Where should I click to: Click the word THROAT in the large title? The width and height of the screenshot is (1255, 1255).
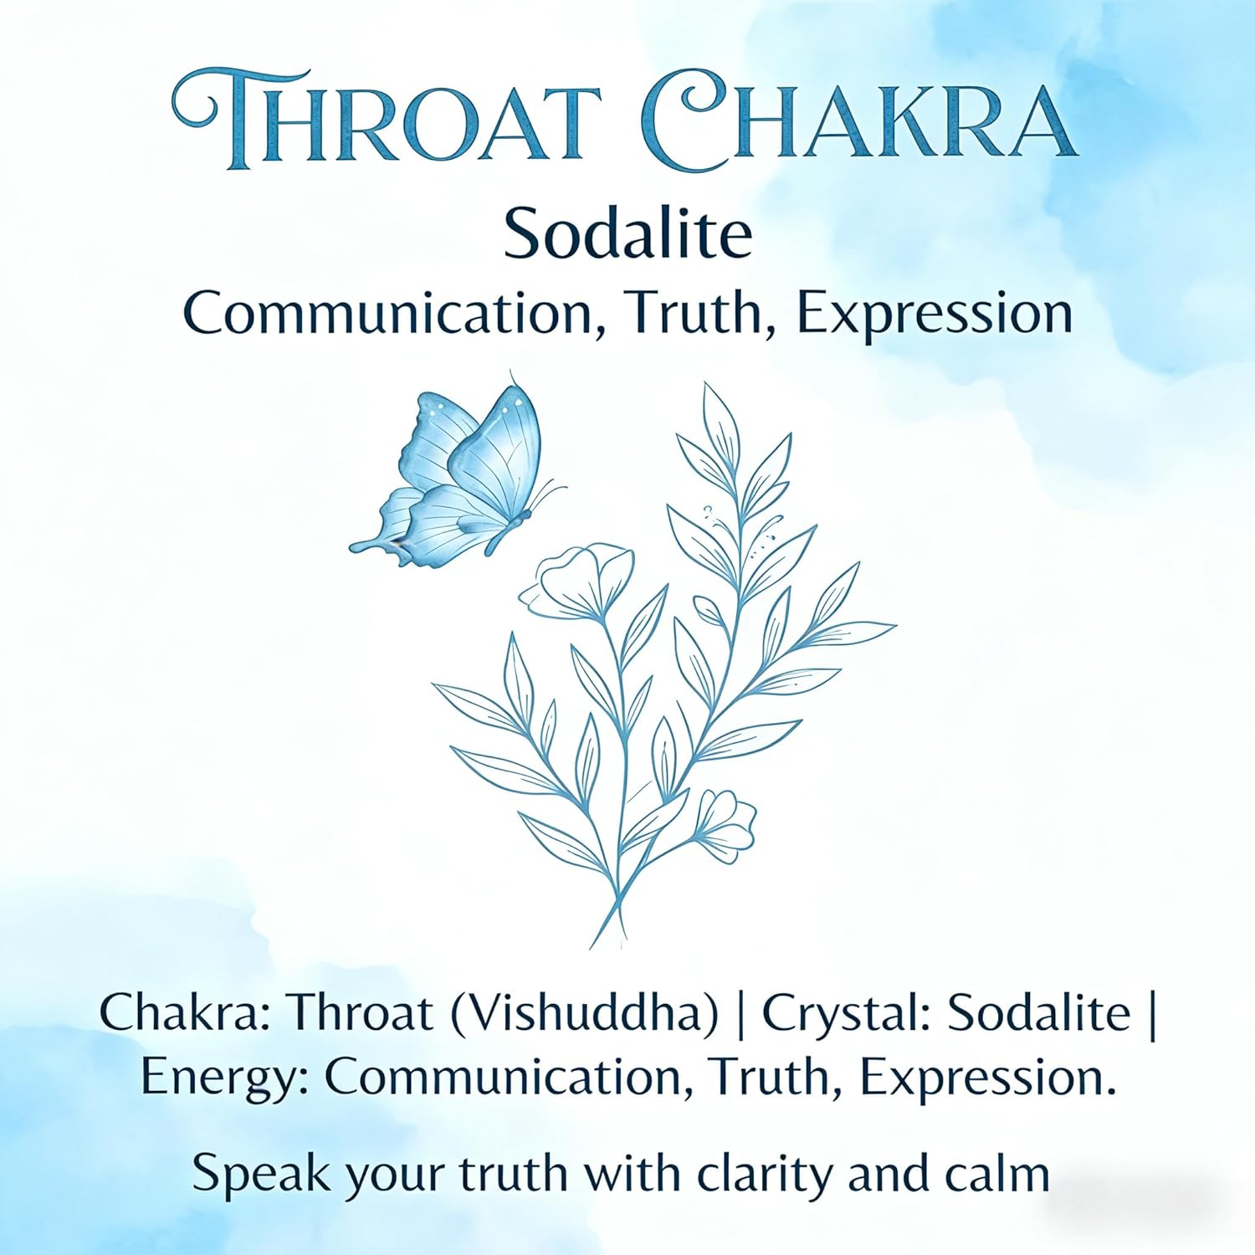(387, 121)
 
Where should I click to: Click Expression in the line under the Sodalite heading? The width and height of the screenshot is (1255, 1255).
(935, 314)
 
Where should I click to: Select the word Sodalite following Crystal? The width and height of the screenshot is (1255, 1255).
(1040, 1014)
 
